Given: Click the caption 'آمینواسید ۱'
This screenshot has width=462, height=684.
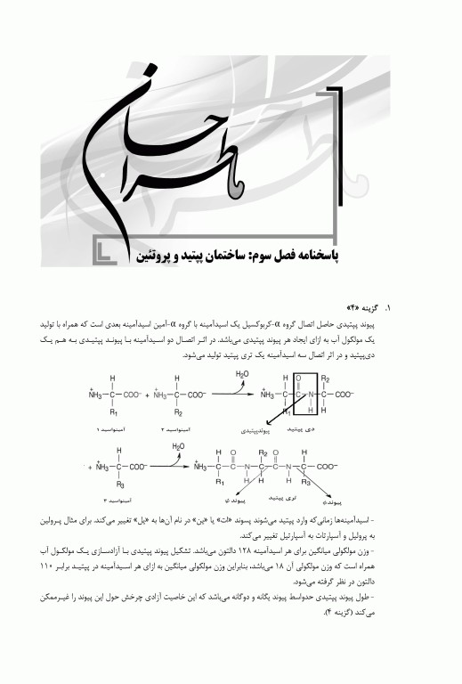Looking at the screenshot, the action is click(110, 429).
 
